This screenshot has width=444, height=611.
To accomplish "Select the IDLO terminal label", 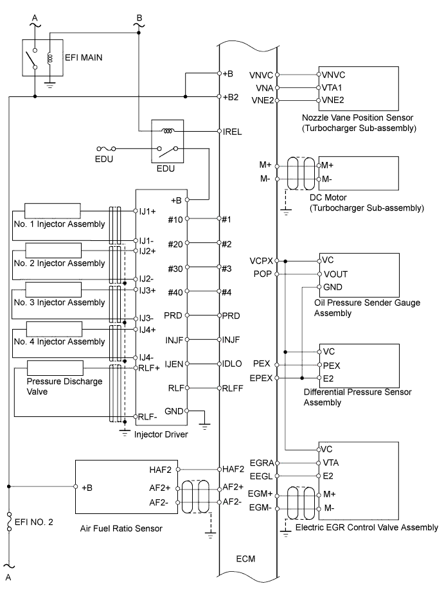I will tap(232, 364).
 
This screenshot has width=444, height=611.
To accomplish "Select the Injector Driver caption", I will tap(161, 435).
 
